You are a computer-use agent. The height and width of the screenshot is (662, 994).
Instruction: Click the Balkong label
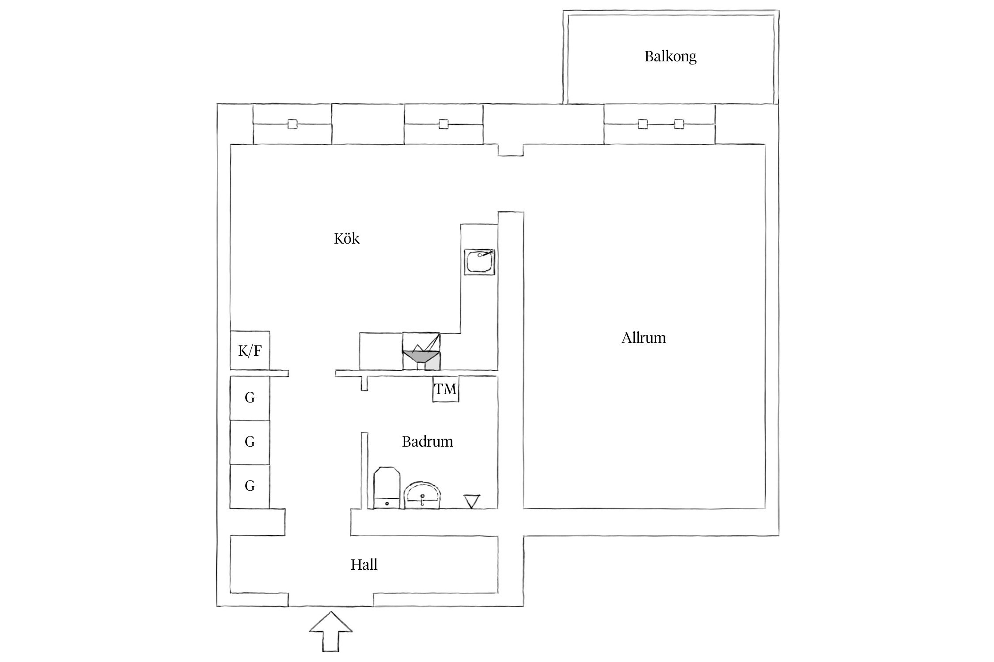(x=670, y=57)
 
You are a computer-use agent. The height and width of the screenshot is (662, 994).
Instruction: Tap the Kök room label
(x=346, y=239)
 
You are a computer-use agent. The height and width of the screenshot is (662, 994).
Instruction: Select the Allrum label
(x=643, y=338)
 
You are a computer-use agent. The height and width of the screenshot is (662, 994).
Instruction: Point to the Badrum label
(x=427, y=442)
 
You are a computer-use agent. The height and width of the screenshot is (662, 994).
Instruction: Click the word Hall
(x=364, y=565)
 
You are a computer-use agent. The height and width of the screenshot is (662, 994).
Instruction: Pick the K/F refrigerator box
(x=250, y=351)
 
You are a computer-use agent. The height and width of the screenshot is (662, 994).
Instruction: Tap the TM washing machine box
(x=445, y=389)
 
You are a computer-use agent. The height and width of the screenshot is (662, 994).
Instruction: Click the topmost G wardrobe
(x=250, y=398)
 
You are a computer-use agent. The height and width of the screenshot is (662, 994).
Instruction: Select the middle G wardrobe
(x=250, y=442)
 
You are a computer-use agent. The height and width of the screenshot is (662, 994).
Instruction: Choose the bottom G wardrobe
(x=250, y=486)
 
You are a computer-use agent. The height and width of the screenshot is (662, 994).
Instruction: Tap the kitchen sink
(x=479, y=262)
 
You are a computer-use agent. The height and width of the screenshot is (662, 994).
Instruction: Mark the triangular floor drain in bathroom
(x=471, y=501)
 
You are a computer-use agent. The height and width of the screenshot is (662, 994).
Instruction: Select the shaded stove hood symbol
(x=421, y=356)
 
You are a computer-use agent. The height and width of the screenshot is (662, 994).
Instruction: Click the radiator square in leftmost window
(x=292, y=124)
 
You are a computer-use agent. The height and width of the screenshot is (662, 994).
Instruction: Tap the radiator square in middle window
(x=444, y=124)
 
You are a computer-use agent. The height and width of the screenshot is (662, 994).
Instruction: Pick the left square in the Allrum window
(x=643, y=124)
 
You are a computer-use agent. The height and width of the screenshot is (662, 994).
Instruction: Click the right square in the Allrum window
(x=679, y=124)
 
